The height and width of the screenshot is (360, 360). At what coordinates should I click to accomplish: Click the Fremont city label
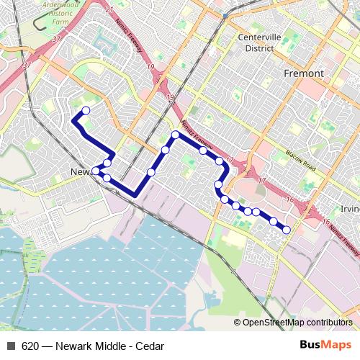click(304, 73)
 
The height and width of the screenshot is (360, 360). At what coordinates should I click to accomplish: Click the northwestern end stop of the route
click(86, 110)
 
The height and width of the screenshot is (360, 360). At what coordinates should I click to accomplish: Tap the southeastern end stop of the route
click(287, 230)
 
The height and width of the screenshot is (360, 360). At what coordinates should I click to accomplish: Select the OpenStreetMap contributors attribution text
click(297, 322)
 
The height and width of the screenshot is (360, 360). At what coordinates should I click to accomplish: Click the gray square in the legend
click(10, 345)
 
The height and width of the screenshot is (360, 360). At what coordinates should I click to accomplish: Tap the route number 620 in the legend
click(30, 345)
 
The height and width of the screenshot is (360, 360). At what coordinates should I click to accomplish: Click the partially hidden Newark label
click(81, 171)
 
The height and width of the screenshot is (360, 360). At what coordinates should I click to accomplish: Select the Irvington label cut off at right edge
click(350, 209)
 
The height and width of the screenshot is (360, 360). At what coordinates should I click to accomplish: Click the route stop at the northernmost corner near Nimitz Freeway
click(175, 135)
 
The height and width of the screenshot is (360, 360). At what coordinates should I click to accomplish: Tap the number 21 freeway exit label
click(109, 9)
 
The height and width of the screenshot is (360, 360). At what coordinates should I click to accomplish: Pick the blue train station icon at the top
click(225, 14)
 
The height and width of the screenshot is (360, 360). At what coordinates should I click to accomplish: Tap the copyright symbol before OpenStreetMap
click(238, 322)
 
